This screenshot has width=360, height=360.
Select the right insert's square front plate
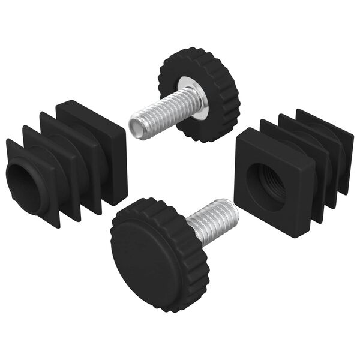coord(246,204)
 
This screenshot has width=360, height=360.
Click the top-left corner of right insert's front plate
coord(238,135)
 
